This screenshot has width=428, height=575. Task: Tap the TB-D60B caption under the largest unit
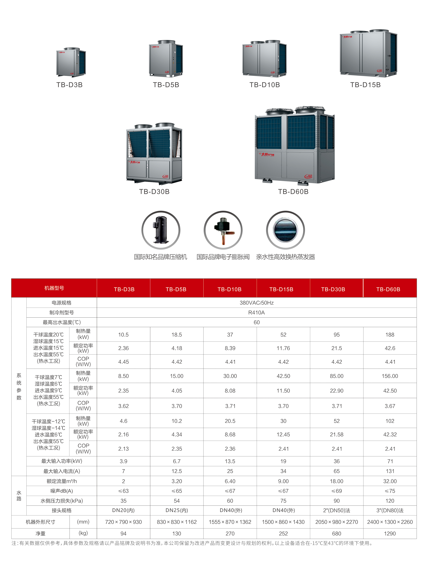pos(293,192)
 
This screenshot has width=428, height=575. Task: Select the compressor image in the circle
pos(161,230)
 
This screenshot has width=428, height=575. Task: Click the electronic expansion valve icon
pos(223,230)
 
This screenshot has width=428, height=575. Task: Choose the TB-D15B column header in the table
pos(281,289)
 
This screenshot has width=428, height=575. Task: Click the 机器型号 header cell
pos(54,288)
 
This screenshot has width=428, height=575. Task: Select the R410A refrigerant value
pos(256,313)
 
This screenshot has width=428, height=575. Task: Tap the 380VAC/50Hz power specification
pos(256,303)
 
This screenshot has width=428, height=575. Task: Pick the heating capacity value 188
pos(390,335)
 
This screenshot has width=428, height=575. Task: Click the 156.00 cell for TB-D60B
pos(390,376)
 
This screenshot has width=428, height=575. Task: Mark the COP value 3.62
pos(123,406)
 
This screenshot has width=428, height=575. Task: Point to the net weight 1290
pos(390,534)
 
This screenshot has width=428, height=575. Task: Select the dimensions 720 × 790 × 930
pos(123,522)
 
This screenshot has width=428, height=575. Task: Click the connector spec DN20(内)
pos(123,510)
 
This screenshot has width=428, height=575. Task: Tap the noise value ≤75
pos(390,491)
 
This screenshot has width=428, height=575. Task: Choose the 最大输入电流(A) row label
pos(62,471)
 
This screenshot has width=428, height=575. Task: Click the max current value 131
pos(390,471)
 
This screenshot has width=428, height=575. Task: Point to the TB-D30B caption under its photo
pos(154,192)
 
